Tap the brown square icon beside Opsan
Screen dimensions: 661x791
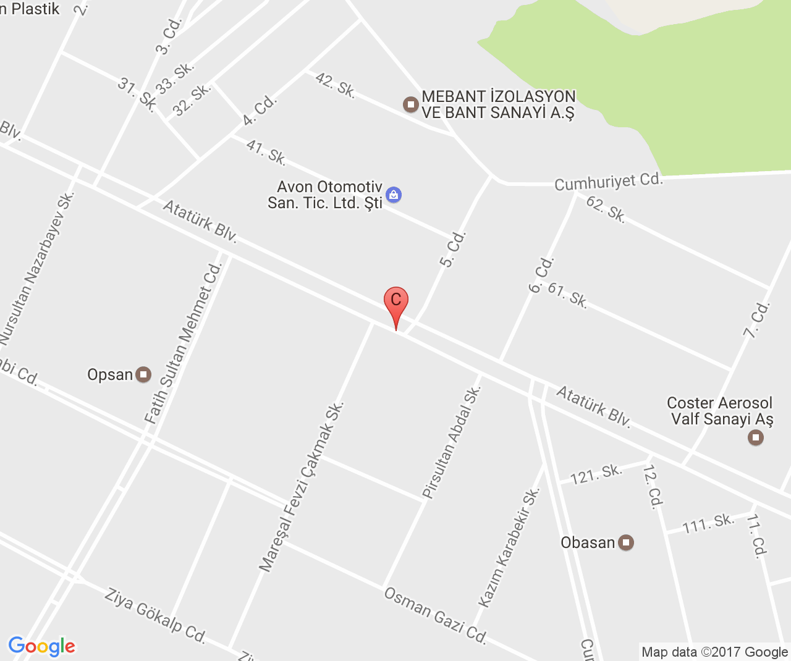[x=143, y=374]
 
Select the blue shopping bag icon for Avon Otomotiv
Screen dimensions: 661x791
[x=394, y=195]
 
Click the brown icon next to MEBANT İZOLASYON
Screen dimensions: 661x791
[x=411, y=104]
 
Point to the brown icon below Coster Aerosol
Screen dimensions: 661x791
[x=755, y=438]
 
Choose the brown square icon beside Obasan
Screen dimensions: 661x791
[x=626, y=543]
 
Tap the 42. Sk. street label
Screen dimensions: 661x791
[x=335, y=85]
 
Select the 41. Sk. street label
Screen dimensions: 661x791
[x=266, y=153]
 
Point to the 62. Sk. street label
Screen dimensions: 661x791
[x=606, y=209]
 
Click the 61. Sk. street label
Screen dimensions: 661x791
[x=567, y=295]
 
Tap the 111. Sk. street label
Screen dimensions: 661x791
[x=708, y=524]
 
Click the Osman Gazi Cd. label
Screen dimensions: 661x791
[x=436, y=615]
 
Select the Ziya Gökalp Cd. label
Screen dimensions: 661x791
[x=154, y=615]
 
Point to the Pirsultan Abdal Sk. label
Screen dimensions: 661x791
[x=451, y=442]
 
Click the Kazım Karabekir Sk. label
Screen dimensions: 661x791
[x=509, y=547]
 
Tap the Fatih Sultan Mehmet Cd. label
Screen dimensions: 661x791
[x=182, y=343]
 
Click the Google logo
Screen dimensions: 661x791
[x=41, y=646]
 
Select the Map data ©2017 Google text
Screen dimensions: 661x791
[x=714, y=652]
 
